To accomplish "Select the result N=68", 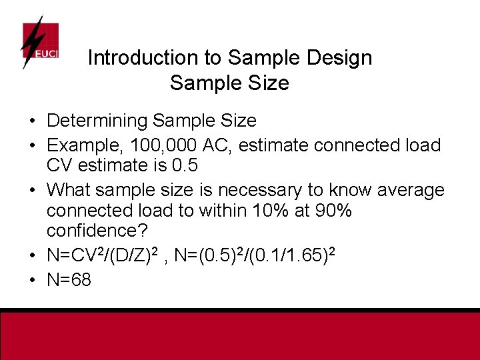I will click(x=69, y=279).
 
